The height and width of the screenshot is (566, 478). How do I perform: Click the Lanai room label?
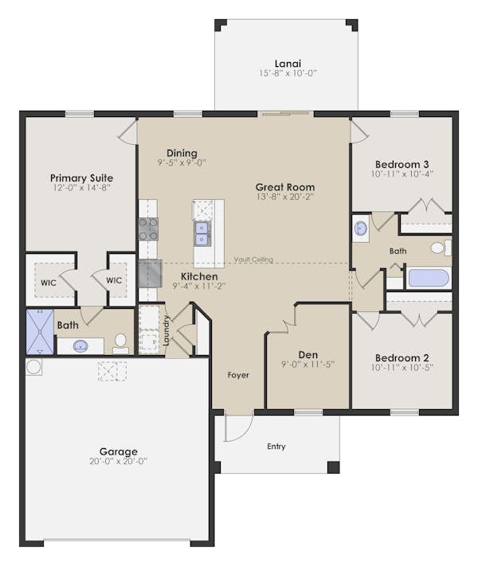(287, 62)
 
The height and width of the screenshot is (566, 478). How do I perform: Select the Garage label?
(118, 451)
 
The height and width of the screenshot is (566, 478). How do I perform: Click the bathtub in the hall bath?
(428, 279)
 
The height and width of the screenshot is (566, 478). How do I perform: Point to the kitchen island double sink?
(202, 235)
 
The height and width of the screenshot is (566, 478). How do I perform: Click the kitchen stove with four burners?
(148, 229)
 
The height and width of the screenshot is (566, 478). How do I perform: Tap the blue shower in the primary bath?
(39, 332)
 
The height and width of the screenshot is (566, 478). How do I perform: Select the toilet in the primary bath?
(120, 342)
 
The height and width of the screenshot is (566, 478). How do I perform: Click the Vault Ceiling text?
(254, 260)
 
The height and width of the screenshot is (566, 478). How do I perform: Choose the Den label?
(308, 354)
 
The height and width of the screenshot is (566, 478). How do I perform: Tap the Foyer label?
(238, 375)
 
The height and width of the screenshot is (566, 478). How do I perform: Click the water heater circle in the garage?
(34, 367)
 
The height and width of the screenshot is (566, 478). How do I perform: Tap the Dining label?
(182, 153)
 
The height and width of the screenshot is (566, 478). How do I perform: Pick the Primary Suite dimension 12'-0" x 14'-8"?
(81, 189)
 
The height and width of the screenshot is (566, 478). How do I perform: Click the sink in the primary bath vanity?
(80, 345)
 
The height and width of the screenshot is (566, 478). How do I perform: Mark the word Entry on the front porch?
(276, 447)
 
